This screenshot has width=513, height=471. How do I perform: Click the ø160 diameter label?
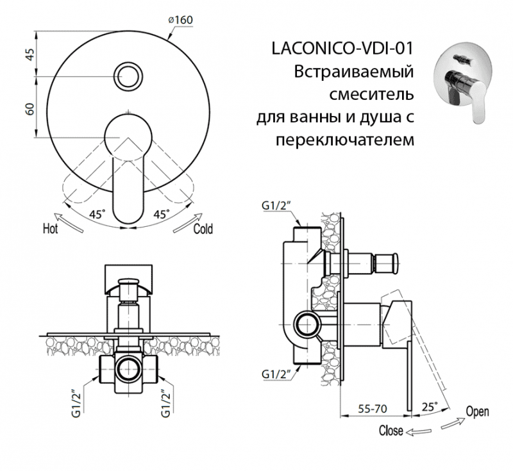(x=180, y=20)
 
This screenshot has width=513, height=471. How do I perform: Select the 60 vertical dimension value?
(x=29, y=108)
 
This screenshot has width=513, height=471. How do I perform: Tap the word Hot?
(x=51, y=227)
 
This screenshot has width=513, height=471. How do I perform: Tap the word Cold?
(x=203, y=229)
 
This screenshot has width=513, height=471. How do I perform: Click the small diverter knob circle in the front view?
(x=130, y=76)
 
